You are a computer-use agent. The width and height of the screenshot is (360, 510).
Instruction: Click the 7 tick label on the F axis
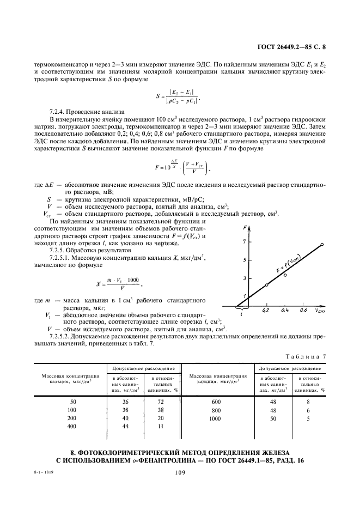(245, 241)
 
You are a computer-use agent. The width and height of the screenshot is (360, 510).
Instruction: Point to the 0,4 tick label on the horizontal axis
(284, 310)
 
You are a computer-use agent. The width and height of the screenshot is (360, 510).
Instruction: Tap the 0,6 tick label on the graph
(303, 310)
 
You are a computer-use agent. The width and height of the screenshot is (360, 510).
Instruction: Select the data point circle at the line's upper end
(322, 244)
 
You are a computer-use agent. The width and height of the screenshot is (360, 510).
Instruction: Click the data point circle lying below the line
(285, 275)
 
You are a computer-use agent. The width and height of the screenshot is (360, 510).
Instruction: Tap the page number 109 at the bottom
(180, 473)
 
